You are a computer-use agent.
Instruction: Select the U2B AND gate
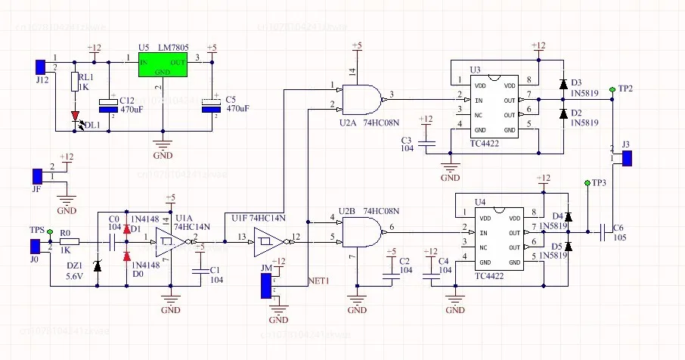pyautogui.click(x=361, y=232)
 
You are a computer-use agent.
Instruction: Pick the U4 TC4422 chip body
pyautogui.click(x=497, y=240)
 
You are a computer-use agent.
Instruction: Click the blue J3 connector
pyautogui.click(x=627, y=157)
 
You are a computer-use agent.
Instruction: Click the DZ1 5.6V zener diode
pyautogui.click(x=98, y=265)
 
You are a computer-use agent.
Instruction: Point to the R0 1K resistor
pyautogui.click(x=67, y=244)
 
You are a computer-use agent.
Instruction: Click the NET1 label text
pyautogui.click(x=321, y=281)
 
